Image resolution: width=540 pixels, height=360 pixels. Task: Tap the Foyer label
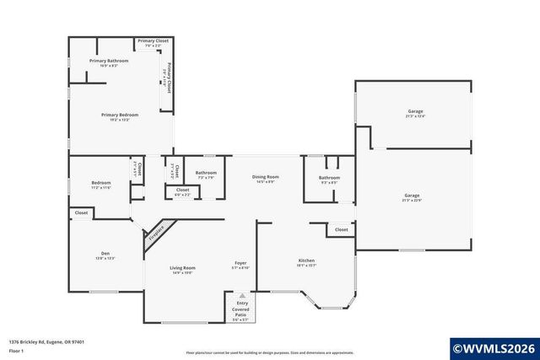(240, 264)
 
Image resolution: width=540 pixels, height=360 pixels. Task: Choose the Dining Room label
(266, 177)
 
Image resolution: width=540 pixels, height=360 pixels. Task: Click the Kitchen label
(306, 261)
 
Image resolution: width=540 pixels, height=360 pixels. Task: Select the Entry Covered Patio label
(240, 309)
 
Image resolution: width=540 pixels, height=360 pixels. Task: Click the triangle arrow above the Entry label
(241, 296)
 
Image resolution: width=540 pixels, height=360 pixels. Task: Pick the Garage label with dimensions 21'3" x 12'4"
(414, 111)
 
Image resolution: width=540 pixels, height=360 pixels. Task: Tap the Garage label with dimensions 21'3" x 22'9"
(411, 196)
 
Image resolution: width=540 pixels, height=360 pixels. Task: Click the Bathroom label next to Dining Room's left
(206, 173)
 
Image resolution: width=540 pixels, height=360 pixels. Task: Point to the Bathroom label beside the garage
(329, 178)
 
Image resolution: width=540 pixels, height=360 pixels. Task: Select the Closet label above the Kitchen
(341, 229)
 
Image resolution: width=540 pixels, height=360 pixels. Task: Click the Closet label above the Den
(81, 213)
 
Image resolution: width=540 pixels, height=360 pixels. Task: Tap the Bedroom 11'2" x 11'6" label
(101, 183)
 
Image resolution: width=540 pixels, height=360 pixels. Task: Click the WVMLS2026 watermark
(494, 347)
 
